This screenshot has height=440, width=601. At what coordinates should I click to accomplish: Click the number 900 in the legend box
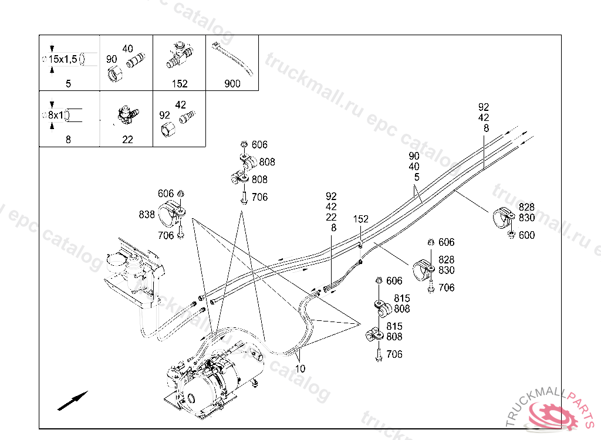(x=232, y=84)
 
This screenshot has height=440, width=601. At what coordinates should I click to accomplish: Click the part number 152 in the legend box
(x=180, y=84)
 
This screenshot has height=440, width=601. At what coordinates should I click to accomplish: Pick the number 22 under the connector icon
(x=127, y=140)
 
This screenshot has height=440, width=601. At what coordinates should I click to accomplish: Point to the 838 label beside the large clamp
(x=147, y=215)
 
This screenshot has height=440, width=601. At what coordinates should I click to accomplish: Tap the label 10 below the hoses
(x=300, y=369)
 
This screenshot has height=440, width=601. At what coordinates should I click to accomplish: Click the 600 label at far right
(x=527, y=235)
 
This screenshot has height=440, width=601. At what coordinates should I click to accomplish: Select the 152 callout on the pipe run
(x=361, y=219)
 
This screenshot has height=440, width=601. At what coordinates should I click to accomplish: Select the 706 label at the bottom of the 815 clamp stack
(x=394, y=354)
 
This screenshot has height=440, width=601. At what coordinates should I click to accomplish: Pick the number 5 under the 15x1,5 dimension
(x=68, y=84)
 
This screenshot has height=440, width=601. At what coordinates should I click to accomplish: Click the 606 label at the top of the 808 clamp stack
(x=259, y=145)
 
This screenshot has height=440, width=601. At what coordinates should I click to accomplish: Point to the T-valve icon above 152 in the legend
(x=179, y=54)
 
